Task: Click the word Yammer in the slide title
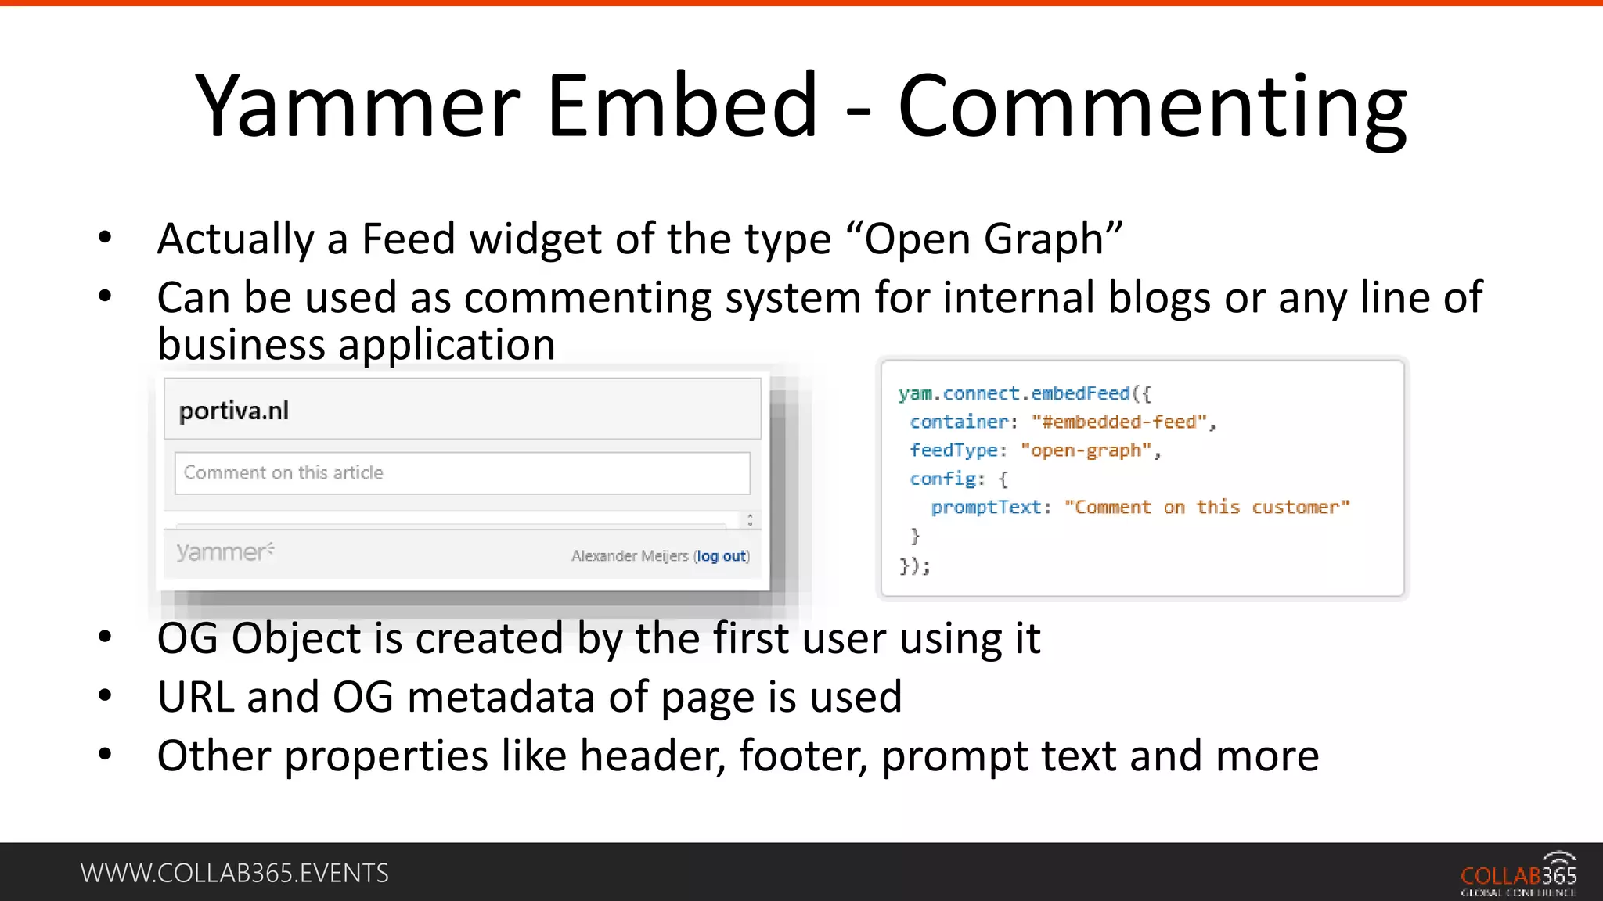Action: [357, 106]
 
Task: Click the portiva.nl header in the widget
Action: [234, 411]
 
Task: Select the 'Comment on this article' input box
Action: [462, 472]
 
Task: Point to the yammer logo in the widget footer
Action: [225, 552]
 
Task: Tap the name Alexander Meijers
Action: [629, 556]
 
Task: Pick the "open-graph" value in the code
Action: [1086, 450]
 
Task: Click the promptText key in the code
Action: [986, 508]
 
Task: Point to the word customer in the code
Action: [1299, 508]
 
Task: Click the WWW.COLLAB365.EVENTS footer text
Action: [234, 873]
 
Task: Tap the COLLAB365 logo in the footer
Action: [1518, 874]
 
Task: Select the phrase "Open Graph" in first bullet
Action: [985, 239]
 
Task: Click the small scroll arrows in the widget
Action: [750, 520]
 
